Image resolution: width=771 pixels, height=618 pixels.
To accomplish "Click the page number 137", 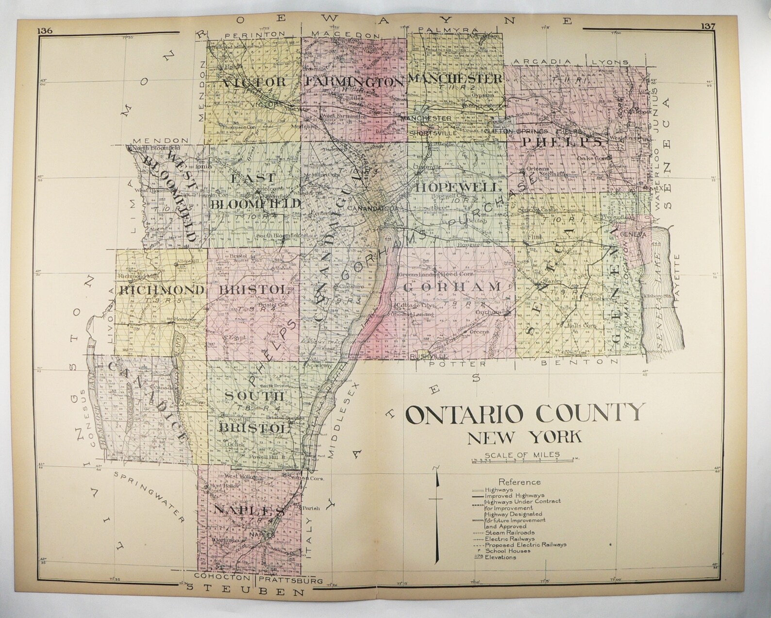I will (707, 27).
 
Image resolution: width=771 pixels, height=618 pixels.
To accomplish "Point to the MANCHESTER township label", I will (455, 78).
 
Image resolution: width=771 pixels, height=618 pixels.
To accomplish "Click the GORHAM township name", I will (452, 287).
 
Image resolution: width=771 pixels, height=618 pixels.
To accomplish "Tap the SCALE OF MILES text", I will (521, 455).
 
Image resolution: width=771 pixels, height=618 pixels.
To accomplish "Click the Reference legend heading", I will (520, 482).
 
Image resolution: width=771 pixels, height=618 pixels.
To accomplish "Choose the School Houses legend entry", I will (507, 551).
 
